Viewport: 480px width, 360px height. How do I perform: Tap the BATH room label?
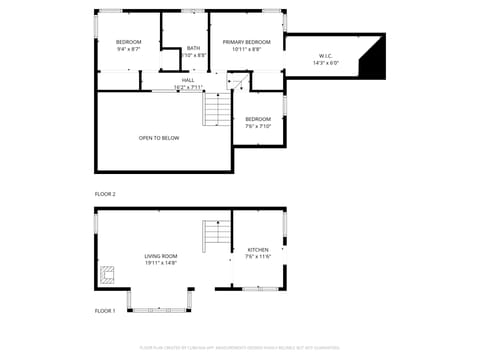192,48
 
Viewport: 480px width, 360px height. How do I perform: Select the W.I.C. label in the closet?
326,56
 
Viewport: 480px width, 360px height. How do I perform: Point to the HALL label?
187,80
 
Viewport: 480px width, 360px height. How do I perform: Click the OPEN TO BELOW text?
159,138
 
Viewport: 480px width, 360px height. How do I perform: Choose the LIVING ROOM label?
160,256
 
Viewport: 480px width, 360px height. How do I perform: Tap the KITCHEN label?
258,250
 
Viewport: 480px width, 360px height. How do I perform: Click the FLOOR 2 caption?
105,193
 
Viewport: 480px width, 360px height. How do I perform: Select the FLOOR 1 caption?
105,311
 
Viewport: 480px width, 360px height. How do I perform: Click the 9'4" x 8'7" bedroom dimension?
128,48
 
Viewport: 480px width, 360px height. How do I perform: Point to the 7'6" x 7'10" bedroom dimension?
258,126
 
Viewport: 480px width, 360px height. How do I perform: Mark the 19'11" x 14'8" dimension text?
160,263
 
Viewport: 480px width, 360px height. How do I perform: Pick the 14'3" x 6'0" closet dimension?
326,63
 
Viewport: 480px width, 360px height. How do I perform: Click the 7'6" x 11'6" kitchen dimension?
258,257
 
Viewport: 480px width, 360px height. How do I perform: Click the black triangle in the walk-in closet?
375,62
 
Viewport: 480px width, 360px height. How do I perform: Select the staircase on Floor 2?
217,108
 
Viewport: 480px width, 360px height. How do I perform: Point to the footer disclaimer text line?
240,349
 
